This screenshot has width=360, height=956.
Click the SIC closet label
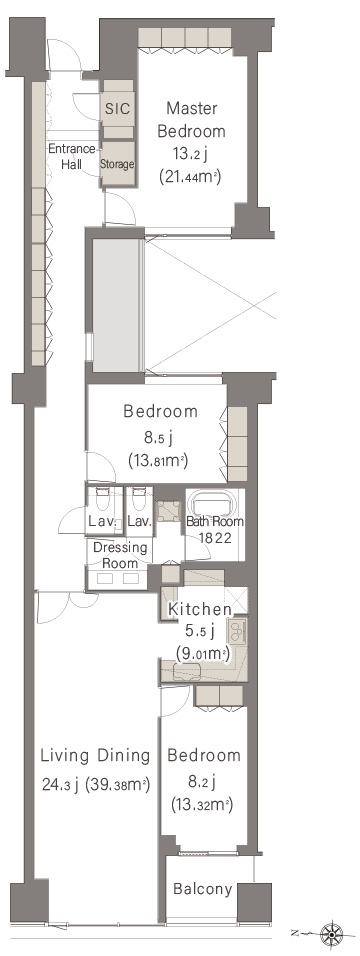point(118,109)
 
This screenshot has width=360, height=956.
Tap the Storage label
point(117,164)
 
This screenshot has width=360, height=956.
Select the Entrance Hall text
point(72,155)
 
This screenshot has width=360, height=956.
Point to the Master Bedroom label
point(192,120)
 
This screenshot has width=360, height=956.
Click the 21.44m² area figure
point(190,177)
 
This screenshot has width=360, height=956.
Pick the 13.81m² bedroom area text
point(157,460)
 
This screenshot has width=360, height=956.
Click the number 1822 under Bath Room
point(215,538)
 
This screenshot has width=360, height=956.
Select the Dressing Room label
point(120,555)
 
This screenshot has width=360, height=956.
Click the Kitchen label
point(200,608)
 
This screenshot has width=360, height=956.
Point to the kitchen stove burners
point(237,632)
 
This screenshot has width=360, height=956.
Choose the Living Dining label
point(95,756)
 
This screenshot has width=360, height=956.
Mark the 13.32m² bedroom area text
point(202,806)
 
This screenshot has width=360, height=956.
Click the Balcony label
point(203,889)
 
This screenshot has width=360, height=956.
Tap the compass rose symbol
point(332,933)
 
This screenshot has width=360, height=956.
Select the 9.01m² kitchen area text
point(202,654)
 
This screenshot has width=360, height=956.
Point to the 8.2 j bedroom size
point(201,781)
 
